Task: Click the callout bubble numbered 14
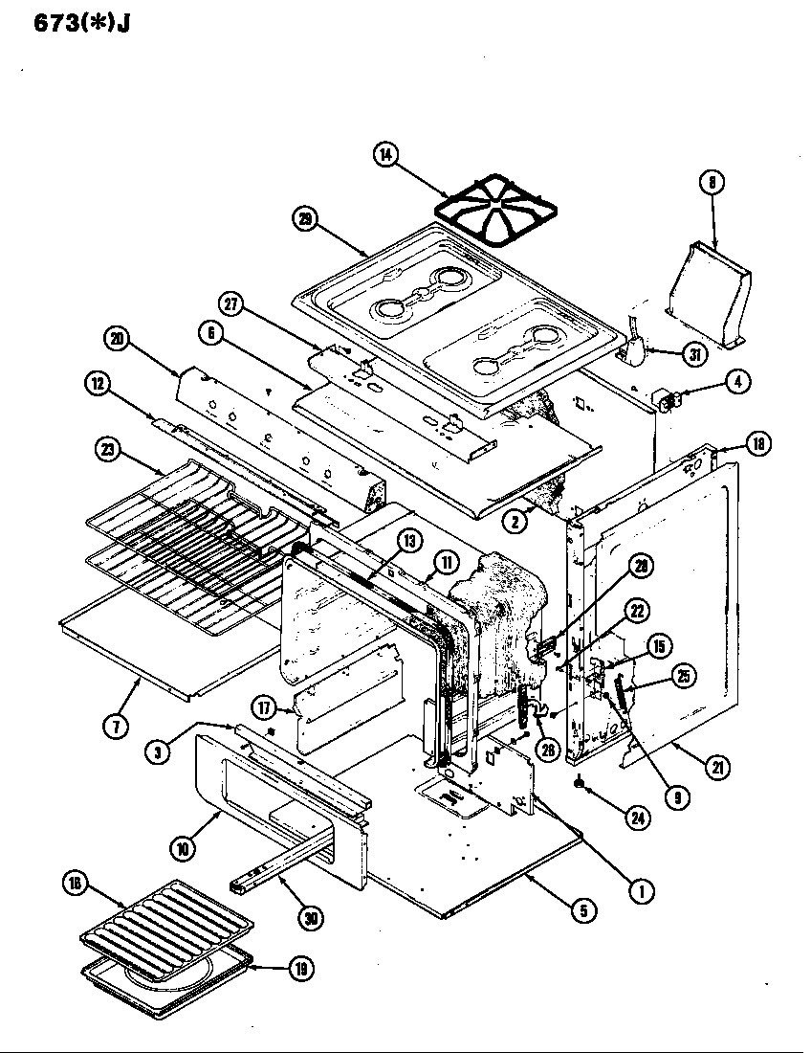(387, 156)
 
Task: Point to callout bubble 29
(305, 218)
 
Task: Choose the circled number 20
(117, 338)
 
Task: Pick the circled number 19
(301, 968)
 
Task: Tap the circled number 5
(582, 910)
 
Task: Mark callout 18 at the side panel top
(757, 443)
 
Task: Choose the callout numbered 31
(693, 354)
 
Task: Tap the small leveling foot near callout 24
(580, 785)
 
